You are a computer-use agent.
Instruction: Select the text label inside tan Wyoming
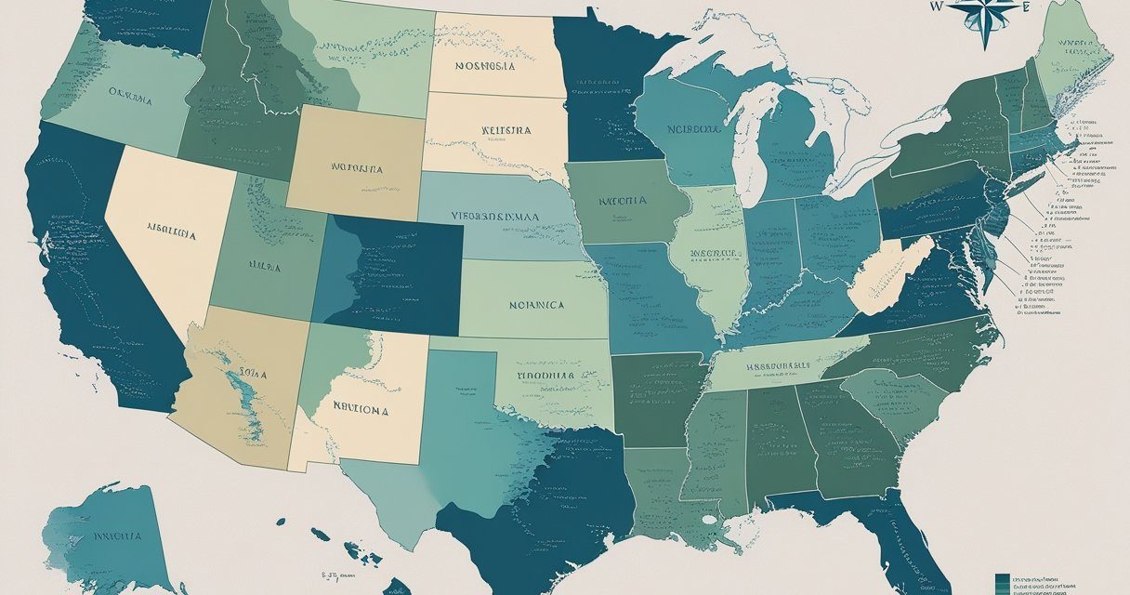356,169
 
